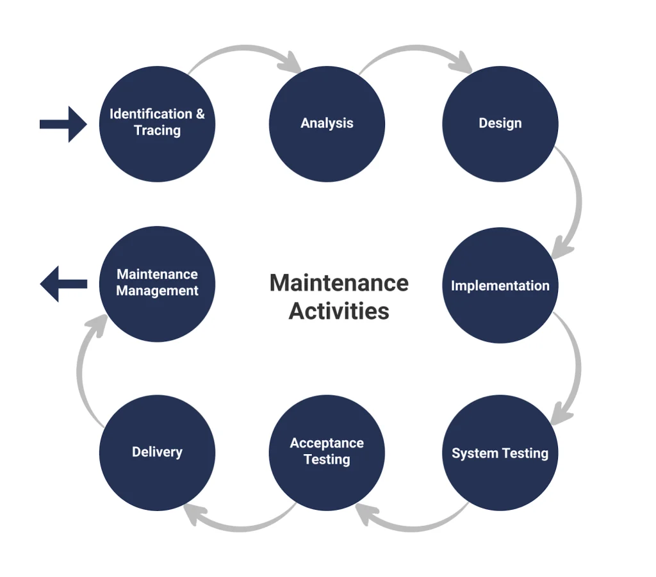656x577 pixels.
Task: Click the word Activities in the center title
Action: pyautogui.click(x=339, y=311)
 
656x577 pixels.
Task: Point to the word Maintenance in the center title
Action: pyautogui.click(x=339, y=282)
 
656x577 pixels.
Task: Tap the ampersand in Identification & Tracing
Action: pyautogui.click(x=200, y=115)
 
